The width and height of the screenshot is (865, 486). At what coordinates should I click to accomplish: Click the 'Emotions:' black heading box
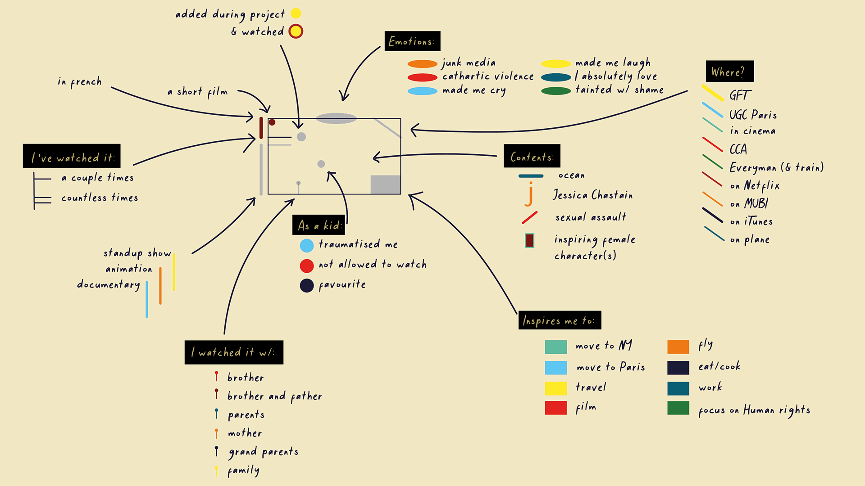[412, 41]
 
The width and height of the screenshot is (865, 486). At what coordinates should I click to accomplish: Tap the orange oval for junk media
[422, 64]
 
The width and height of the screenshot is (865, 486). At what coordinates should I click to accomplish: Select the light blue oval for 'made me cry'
[422, 91]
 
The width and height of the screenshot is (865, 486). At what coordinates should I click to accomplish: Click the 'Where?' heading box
[729, 72]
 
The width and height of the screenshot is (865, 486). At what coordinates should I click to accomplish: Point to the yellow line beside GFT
[712, 93]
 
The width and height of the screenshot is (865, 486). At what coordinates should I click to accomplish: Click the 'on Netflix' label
[755, 185]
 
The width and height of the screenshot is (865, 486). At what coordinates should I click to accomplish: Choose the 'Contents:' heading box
[532, 156]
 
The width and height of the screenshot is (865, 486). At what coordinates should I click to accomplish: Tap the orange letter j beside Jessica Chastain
[530, 194]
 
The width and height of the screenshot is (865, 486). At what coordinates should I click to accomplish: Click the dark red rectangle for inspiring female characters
[529, 240]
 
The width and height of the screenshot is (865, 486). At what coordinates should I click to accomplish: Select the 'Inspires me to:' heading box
[560, 320]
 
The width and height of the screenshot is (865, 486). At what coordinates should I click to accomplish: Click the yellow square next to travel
[555, 388]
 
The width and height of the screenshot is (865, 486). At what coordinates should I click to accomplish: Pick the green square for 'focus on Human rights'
[678, 408]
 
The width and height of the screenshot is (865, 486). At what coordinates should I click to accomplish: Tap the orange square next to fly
[678, 347]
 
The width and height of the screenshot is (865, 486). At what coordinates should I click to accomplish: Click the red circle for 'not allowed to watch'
[307, 265]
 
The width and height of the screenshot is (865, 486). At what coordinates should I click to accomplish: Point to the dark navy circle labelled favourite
[307, 285]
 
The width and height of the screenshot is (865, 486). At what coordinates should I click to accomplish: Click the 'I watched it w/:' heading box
[234, 352]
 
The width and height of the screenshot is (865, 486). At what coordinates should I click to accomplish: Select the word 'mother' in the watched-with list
[245, 433]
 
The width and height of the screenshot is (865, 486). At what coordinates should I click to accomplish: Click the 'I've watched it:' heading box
[72, 156]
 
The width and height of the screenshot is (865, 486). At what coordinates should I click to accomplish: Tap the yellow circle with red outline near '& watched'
[296, 31]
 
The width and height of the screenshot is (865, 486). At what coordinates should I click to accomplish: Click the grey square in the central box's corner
[385, 184]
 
